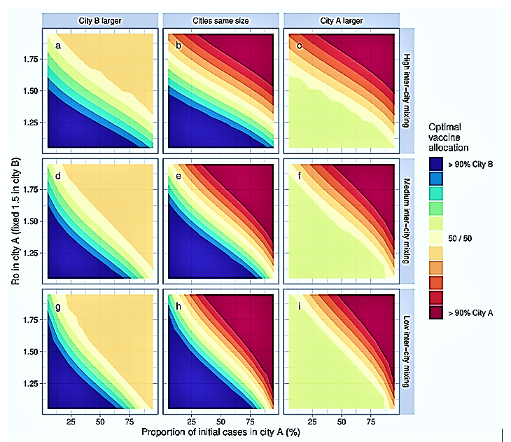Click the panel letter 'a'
(x=59, y=47)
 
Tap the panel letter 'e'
(x=179, y=177)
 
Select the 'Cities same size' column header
(x=221, y=20)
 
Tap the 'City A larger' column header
(x=342, y=20)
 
